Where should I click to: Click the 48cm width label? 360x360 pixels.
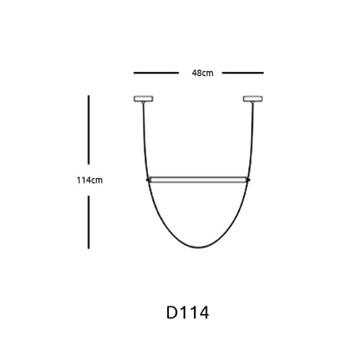pyautogui.click(x=202, y=73)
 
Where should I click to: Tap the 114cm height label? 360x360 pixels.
pyautogui.click(x=89, y=180)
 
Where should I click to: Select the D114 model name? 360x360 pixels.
pyautogui.click(x=188, y=312)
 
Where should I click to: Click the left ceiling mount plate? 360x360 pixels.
pyautogui.click(x=144, y=99)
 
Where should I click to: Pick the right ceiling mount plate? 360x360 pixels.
pyautogui.click(x=253, y=99)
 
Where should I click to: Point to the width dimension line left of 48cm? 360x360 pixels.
pyautogui.click(x=156, y=73)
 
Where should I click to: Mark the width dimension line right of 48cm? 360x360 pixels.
pyautogui.click(x=243, y=73)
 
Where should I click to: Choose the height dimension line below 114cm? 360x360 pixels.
pyautogui.click(x=88, y=222)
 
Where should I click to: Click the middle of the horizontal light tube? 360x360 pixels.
pyautogui.click(x=198, y=180)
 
